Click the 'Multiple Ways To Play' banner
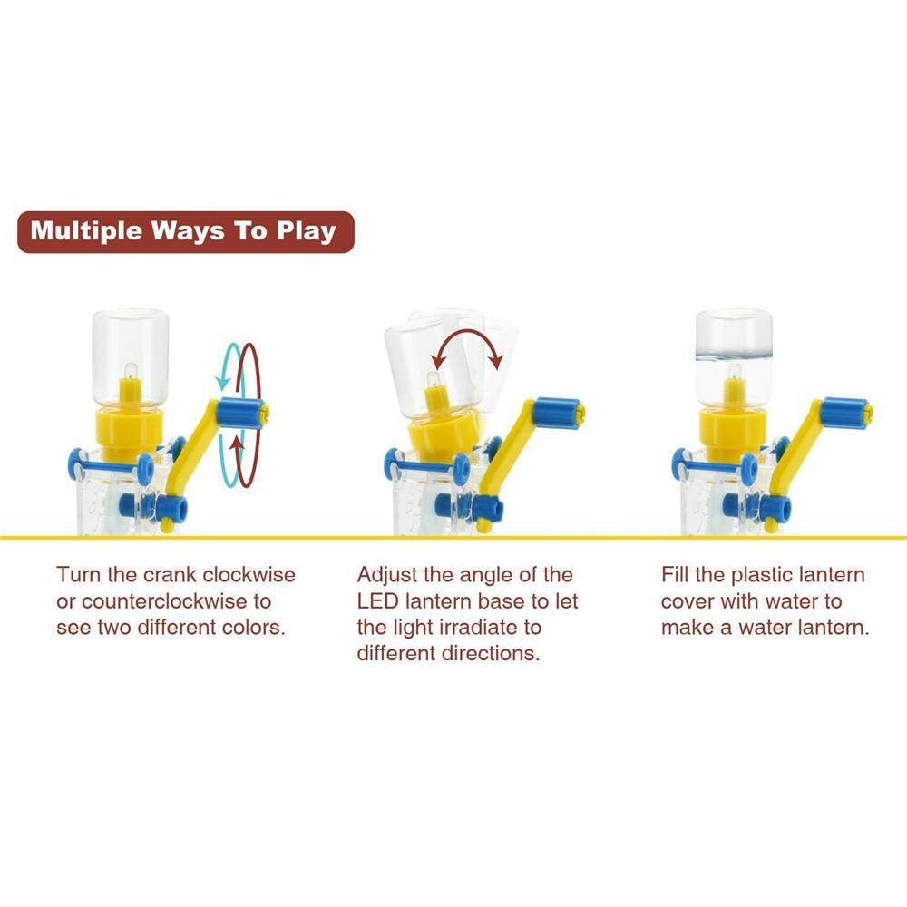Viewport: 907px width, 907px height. pos(185,232)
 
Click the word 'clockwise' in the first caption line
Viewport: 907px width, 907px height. pos(249,574)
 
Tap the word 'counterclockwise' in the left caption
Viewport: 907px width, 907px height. pos(156,601)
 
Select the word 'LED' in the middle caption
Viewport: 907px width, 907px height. pos(377,601)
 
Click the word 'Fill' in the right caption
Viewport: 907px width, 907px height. pos(675,574)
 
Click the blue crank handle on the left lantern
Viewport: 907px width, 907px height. pos(240,412)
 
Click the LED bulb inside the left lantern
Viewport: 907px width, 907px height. pos(130,371)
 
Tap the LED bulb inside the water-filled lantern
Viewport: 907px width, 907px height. pos(734,371)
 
